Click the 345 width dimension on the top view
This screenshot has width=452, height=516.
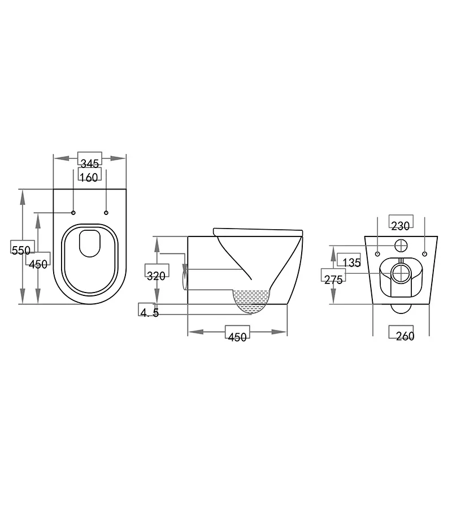[x=89, y=163]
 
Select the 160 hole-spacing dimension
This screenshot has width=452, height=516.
[x=89, y=177]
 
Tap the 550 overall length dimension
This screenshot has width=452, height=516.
[x=21, y=250]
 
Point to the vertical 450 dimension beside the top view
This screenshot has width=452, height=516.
[x=38, y=264]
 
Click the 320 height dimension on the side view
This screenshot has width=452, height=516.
[x=156, y=276]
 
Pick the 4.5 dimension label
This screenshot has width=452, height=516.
[x=149, y=312]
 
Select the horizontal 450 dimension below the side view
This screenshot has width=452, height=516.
[x=237, y=337]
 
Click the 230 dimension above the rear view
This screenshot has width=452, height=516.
[x=401, y=226]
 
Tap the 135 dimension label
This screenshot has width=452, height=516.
[x=351, y=263]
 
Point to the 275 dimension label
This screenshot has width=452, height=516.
[x=333, y=279]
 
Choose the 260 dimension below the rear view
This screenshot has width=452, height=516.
[x=405, y=336]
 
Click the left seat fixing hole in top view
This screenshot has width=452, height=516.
[x=73, y=213]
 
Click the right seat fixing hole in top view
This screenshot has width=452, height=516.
[x=106, y=213]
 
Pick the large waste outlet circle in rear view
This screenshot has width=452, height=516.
[x=401, y=272]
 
